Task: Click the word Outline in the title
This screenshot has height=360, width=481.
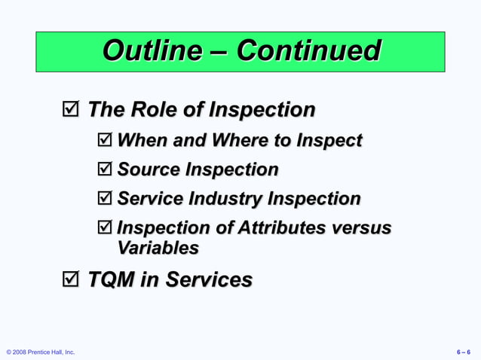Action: pyautogui.click(x=152, y=51)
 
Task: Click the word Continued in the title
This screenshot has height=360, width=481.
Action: pyautogui.click(x=308, y=51)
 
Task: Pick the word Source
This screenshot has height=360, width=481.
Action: pyautogui.click(x=154, y=169)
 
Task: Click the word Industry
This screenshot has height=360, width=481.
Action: pyautogui.click(x=222, y=199)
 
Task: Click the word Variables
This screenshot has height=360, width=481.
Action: pyautogui.click(x=158, y=247)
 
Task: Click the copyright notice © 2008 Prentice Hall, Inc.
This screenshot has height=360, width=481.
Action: pyautogui.click(x=41, y=352)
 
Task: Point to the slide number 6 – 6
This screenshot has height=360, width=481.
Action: pyautogui.click(x=464, y=352)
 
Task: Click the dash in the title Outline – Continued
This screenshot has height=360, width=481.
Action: pyautogui.click(x=219, y=53)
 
